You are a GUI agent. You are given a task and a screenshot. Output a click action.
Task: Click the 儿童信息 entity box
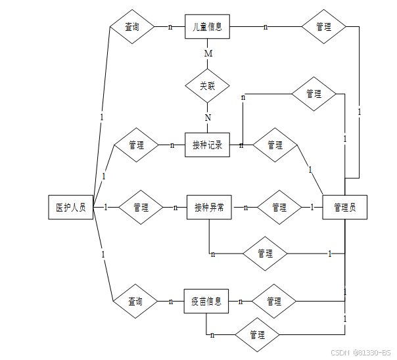tap(207, 27)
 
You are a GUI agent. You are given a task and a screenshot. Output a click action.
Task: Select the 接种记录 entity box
tap(207, 145)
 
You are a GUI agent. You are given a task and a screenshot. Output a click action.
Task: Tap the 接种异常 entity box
tap(209, 208)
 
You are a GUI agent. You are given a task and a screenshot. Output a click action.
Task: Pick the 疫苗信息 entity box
tap(206, 302)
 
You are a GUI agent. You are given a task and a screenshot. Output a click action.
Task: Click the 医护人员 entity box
tap(71, 208)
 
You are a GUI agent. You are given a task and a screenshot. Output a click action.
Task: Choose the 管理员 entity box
tap(344, 208)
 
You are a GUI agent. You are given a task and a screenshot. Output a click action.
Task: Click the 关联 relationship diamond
tap(207, 85)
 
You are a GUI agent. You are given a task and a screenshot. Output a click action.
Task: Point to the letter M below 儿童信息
tap(208, 53)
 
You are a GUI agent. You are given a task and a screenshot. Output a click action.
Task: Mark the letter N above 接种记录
tap(208, 118)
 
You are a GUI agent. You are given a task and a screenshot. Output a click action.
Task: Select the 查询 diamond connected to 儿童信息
tap(132, 27)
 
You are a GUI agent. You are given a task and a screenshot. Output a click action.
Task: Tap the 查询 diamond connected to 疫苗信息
tap(135, 302)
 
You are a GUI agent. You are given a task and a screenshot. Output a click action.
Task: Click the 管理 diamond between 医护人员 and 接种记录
tap(136, 145)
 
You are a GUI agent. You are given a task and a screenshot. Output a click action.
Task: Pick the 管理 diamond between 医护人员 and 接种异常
tap(141, 208)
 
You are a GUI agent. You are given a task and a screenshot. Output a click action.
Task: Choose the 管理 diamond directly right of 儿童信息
tap(323, 27)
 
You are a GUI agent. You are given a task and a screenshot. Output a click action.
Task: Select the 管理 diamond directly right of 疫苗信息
tap(274, 302)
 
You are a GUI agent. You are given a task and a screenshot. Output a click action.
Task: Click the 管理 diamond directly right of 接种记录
tap(275, 145)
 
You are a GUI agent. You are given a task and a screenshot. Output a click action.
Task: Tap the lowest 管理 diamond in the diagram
tap(258, 335)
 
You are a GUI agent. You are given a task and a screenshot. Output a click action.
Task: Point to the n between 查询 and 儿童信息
tap(171, 27)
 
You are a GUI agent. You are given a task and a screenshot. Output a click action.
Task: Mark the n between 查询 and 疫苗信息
tap(171, 302)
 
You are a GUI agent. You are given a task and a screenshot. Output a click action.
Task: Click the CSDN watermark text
tap(360, 353)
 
